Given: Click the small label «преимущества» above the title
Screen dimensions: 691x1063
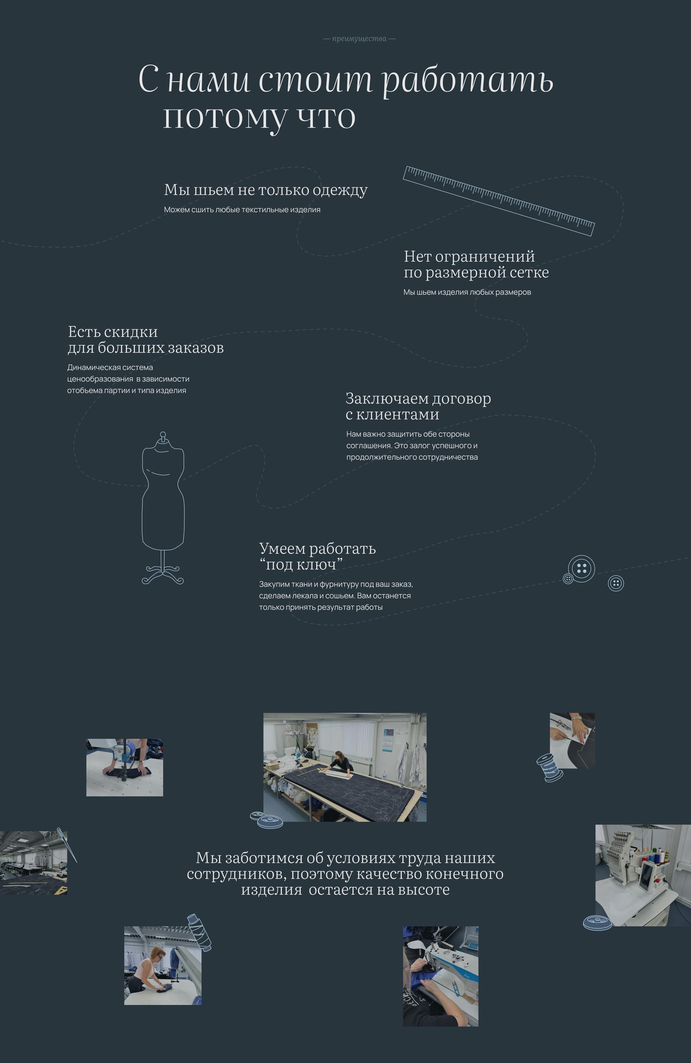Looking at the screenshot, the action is [359, 39].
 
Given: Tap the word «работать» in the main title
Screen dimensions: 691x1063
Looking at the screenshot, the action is [468, 81].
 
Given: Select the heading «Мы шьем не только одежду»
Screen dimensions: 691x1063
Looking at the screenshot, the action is [266, 190].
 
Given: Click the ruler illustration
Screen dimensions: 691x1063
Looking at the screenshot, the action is [499, 201].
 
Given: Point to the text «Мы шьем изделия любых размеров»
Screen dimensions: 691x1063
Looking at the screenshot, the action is [467, 292].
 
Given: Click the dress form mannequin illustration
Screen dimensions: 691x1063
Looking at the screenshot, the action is [163, 507].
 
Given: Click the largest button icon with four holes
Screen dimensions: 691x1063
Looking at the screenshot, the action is [582, 569].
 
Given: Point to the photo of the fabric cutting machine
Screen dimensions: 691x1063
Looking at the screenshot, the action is [125, 767].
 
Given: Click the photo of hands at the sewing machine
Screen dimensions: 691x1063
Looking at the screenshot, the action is [441, 976].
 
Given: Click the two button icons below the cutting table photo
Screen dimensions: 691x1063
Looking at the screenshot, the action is [267, 820].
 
